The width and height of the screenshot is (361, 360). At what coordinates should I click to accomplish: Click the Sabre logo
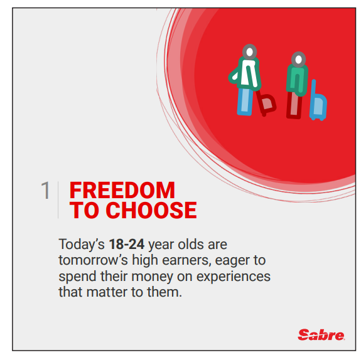[x=321, y=335]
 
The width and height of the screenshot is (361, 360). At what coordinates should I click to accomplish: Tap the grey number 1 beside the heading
[x=45, y=190]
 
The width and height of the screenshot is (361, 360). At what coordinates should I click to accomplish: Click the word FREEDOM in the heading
[x=122, y=190]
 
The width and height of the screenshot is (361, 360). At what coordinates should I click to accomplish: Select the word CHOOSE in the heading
[x=151, y=210]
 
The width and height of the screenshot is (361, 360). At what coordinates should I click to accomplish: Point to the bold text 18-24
[x=127, y=245]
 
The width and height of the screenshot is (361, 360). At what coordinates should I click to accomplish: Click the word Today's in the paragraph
[x=82, y=245]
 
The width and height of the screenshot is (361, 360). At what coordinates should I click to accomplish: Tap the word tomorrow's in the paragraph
[x=93, y=260]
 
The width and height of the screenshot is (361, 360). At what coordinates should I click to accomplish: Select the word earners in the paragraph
[x=186, y=261]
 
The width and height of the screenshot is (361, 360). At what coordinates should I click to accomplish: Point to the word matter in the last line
[x=107, y=292]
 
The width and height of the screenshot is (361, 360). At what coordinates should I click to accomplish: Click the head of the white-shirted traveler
[x=250, y=52]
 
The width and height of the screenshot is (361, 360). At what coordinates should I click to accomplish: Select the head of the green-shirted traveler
[x=299, y=60]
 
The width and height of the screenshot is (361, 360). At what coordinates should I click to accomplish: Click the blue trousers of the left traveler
[x=245, y=102]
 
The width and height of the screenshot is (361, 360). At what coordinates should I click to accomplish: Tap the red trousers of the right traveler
[x=294, y=105]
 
